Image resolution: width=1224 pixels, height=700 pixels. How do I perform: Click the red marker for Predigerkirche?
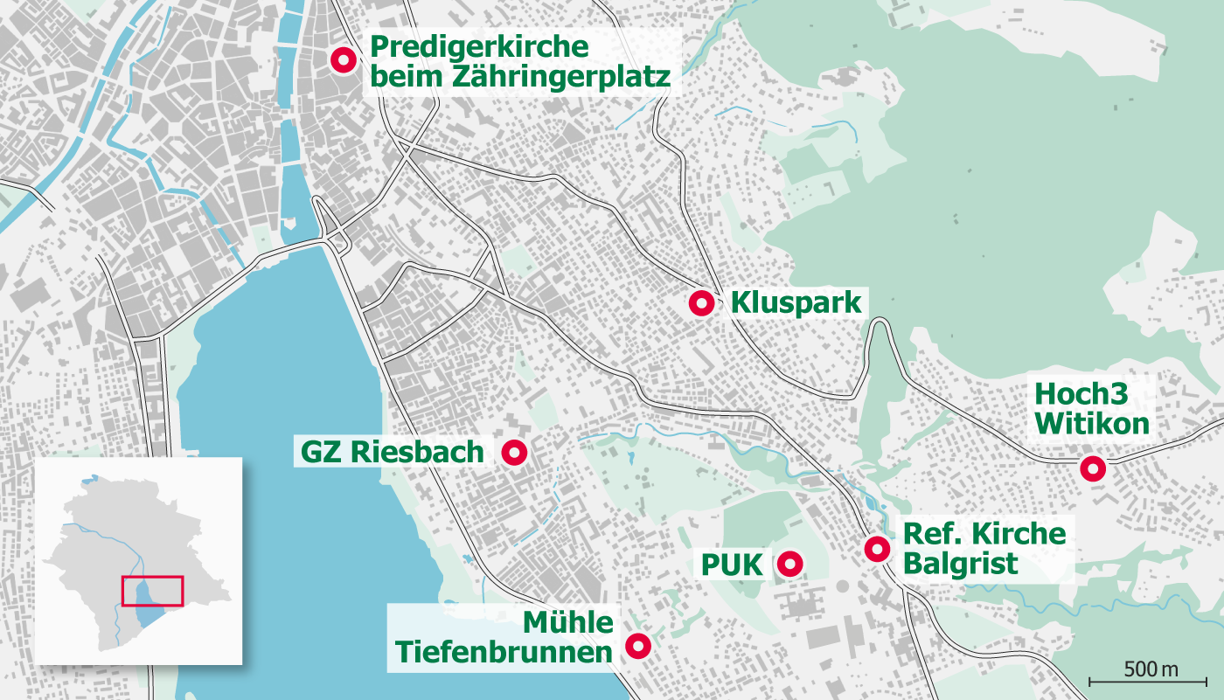[343, 59]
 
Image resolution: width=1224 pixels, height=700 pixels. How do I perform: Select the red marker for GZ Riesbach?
[513, 453]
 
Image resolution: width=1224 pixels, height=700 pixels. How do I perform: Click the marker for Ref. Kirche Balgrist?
[876, 549]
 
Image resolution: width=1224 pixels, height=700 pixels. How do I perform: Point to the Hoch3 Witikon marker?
[1091, 468]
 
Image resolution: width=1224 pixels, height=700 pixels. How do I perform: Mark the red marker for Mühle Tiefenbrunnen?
[637, 647]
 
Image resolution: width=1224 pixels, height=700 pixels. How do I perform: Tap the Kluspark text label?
[796, 303]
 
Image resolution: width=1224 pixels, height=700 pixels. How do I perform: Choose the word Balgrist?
[960, 564]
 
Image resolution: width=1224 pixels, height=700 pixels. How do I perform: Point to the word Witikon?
[1091, 425]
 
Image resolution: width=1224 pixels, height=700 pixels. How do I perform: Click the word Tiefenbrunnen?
[504, 652]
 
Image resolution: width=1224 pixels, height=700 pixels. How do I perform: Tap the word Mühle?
[568, 622]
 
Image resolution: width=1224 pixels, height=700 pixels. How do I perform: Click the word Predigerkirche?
[479, 46]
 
